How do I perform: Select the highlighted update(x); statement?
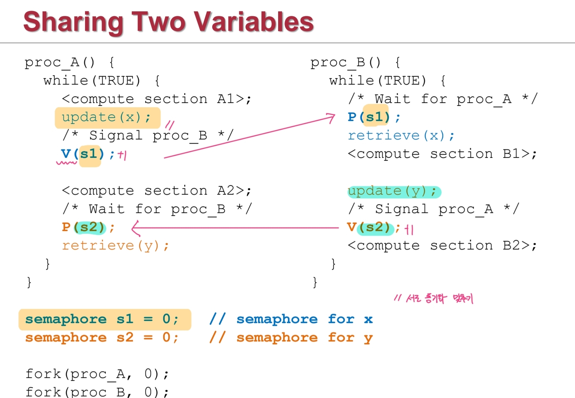click(106, 117)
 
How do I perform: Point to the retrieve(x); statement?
click(401, 135)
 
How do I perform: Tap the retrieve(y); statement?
click(115, 246)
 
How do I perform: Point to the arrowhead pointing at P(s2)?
click(135, 228)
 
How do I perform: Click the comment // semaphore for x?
click(291, 319)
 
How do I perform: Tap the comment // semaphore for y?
click(291, 338)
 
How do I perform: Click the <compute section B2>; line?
click(442, 246)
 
